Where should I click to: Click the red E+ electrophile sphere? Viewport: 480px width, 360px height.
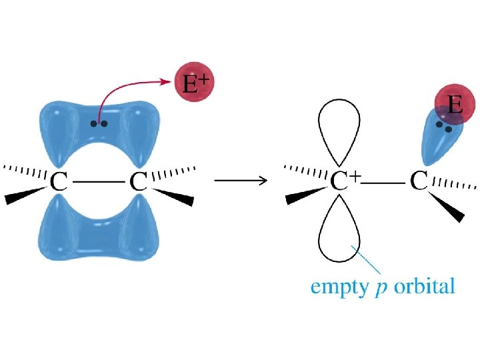coord(195,84)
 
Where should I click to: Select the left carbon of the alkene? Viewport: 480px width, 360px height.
coord(58,181)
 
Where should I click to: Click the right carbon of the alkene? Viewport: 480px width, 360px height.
coord(139,181)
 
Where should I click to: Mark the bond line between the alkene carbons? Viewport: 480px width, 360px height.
coord(98,182)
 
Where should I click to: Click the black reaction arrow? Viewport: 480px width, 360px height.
coord(241,180)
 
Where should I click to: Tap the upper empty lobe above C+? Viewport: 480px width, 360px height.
coord(339,129)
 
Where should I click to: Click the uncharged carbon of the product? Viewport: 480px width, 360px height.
coord(419,181)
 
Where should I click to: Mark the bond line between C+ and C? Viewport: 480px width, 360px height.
coord(385,181)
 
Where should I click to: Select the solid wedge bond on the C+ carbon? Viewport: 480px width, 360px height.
coord(303,196)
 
